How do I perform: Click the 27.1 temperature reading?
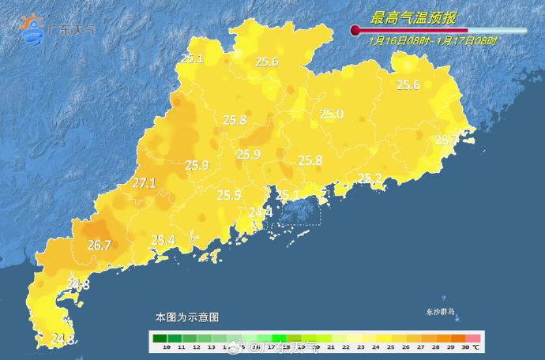pyautogui.click(x=145, y=183)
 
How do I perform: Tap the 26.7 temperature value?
pyautogui.click(x=99, y=245)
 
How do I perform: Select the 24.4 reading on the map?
pyautogui.click(x=261, y=212)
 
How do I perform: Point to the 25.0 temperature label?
pyautogui.click(x=332, y=114)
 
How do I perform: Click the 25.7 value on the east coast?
pyautogui.click(x=446, y=141)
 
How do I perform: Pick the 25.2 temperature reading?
pyautogui.click(x=370, y=178)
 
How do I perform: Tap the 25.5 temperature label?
pyautogui.click(x=229, y=195)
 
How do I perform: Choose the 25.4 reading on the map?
pyautogui.click(x=163, y=239)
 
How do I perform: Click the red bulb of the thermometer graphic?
pyautogui.click(x=355, y=31)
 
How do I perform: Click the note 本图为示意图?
pyautogui.click(x=186, y=317)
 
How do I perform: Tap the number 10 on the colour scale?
pyautogui.click(x=167, y=347)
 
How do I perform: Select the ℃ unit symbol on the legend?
pyautogui.click(x=476, y=347)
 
